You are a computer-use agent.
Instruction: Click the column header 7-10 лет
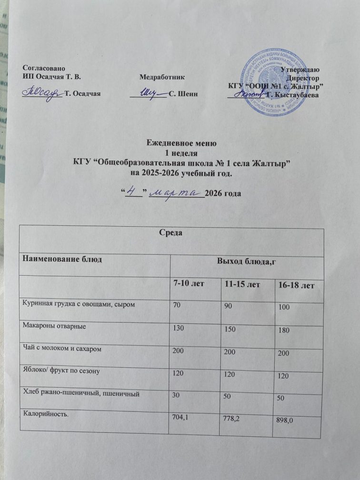coord(188,284)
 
